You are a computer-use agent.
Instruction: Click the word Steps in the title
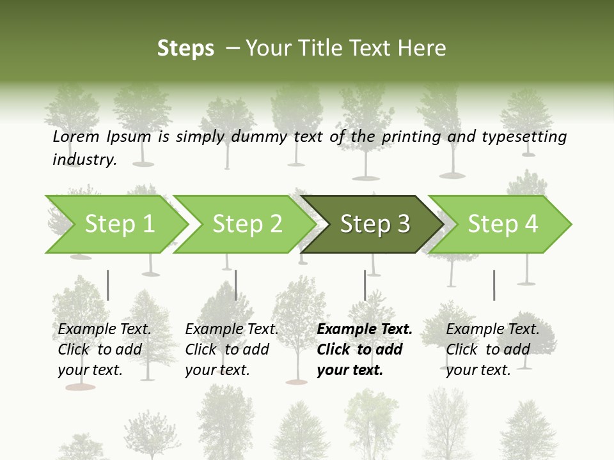[185, 49]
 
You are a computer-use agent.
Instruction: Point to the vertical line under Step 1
[108, 285]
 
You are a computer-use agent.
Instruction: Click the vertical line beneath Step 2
[236, 285]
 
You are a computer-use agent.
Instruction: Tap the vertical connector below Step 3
[365, 285]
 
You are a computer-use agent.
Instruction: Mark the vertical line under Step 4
[494, 285]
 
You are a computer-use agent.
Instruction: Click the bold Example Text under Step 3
[365, 329]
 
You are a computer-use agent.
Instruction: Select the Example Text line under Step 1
[104, 329]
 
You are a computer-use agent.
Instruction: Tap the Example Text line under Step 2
[232, 329]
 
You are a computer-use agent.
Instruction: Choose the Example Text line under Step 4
[492, 329]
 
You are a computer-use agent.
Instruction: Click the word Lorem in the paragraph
[75, 136]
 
